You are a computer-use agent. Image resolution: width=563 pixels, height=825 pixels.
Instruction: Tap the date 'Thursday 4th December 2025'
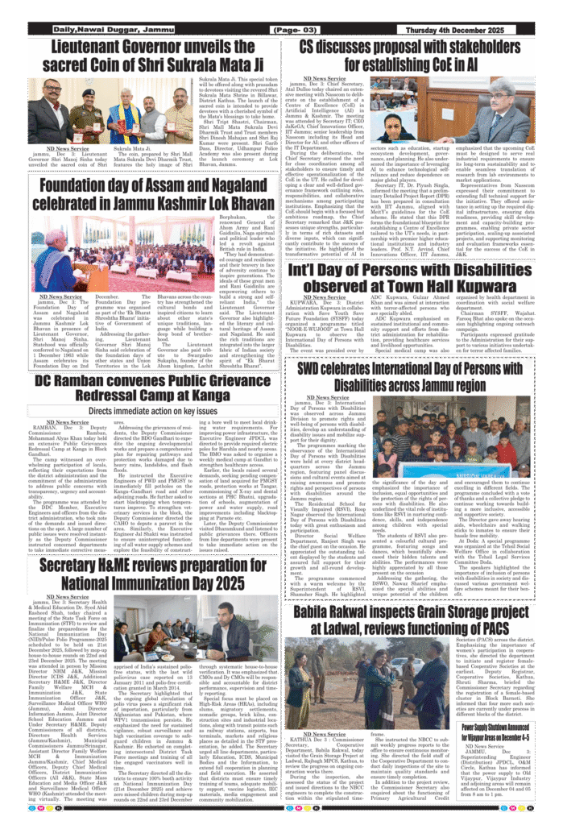[468, 31]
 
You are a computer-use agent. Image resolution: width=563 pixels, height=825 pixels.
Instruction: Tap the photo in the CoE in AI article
[400, 124]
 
